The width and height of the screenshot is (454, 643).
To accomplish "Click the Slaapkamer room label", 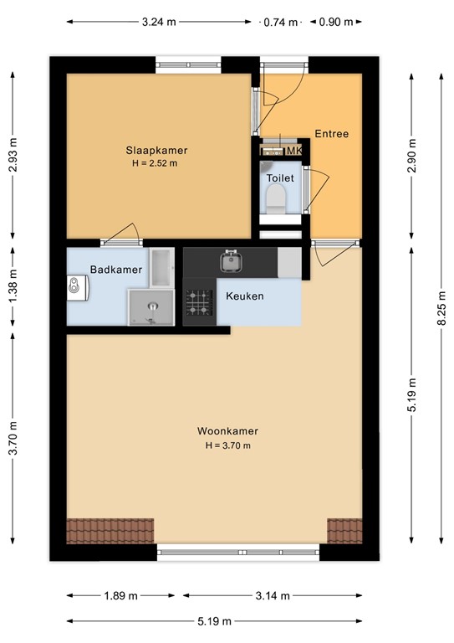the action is coord(156,150).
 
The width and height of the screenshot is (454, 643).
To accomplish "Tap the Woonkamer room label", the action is coord(227,431).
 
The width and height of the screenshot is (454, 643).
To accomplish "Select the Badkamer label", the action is coord(116,270).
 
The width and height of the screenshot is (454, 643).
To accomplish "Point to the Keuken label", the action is coord(245,296).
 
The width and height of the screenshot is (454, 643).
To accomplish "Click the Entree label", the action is coord(332,134).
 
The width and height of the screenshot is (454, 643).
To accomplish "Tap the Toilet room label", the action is coord(280,178).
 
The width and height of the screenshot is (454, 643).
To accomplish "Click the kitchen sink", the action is coord(232,261).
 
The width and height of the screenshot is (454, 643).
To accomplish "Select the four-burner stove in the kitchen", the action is coord(199,302).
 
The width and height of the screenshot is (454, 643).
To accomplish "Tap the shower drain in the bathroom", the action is coord(153,306).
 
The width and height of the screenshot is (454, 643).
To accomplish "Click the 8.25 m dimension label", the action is coord(441,308).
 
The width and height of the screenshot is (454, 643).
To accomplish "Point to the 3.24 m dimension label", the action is coord(159,22).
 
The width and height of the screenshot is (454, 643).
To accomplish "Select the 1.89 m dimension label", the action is coord(120,595).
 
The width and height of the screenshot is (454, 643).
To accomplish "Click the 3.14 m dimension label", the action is coord(273,595).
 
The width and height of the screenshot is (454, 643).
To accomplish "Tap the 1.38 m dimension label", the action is coord(13,286).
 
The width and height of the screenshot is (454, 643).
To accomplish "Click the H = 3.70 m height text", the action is coord(228,445).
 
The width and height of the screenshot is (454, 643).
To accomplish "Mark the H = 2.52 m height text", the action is coord(155,163).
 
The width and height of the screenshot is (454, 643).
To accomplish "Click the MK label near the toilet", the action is coord(294,151).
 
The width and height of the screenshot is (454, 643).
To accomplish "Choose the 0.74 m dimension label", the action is coord(280,22).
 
